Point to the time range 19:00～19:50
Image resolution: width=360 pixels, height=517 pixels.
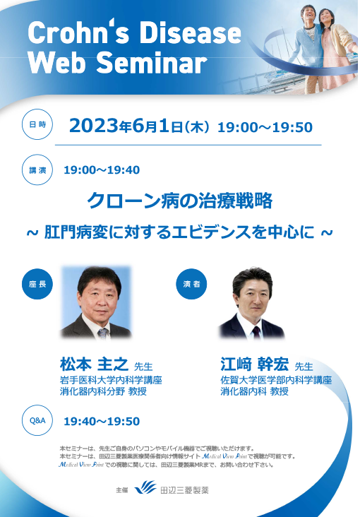tap(265, 128)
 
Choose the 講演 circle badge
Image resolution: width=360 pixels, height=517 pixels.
tap(37, 170)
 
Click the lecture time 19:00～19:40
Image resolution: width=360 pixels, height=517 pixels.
tap(102, 170)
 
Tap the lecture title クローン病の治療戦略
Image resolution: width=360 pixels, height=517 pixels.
tap(179, 201)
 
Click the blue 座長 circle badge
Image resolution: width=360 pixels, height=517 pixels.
tap(37, 283)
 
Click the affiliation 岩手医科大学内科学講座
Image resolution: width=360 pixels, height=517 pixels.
tap(111, 380)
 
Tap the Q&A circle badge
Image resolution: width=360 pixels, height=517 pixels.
tap(37, 421)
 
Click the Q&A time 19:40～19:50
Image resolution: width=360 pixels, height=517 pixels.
tap(102, 422)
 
